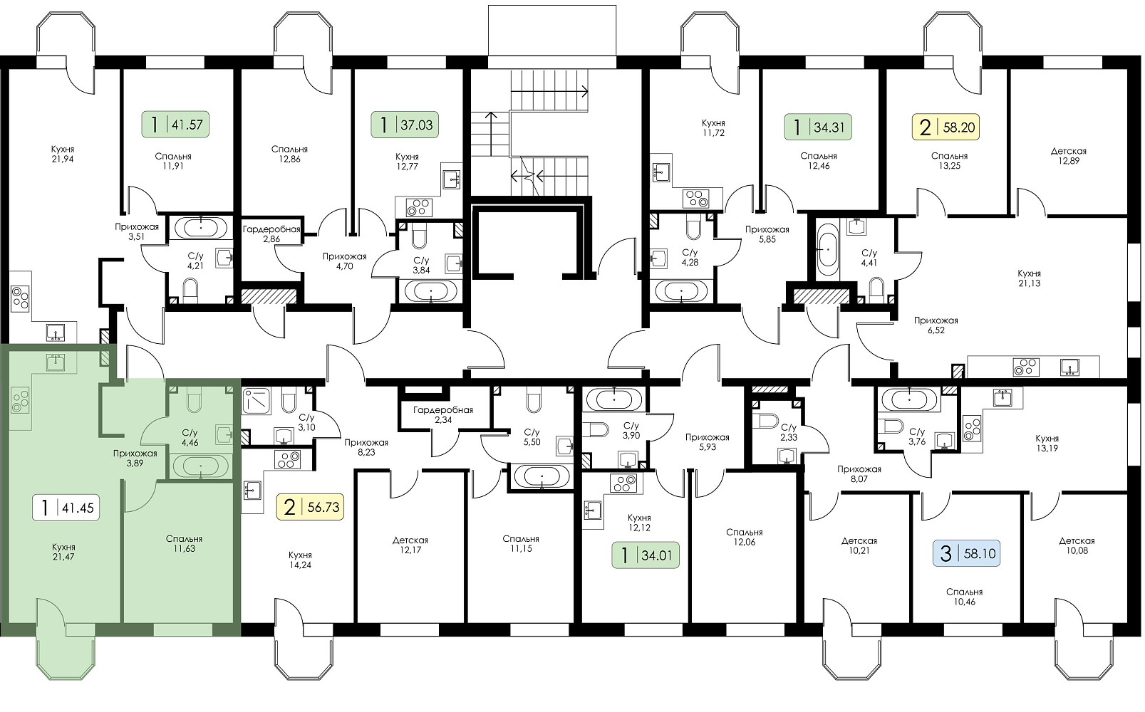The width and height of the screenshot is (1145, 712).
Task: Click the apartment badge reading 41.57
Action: click(175, 124)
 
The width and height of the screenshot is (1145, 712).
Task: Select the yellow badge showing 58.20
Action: click(945, 127)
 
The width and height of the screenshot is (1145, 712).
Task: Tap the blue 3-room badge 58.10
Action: click(966, 554)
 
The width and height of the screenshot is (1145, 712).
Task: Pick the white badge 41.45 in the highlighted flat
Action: click(66, 508)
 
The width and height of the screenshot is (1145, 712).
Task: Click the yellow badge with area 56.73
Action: click(310, 507)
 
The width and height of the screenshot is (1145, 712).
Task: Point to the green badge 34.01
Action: click(646, 555)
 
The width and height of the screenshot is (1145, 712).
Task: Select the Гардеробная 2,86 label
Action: click(271, 234)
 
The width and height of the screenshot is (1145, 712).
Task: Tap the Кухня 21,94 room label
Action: click(63, 154)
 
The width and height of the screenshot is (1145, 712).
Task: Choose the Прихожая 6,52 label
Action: click(936, 325)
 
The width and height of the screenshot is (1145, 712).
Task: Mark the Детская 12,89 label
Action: click(1068, 156)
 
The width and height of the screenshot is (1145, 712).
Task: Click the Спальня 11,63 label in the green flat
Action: click(184, 543)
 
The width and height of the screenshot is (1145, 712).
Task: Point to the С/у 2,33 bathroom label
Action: click(789, 432)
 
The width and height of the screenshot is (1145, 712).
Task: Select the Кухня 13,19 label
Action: click(1047, 444)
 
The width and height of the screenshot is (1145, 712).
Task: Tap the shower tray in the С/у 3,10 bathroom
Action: click(260, 401)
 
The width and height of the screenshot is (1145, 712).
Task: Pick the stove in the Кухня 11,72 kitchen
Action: click(696, 199)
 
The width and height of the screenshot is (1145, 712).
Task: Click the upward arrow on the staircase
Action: click(491, 134)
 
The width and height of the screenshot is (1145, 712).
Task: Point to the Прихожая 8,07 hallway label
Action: click(859, 474)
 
